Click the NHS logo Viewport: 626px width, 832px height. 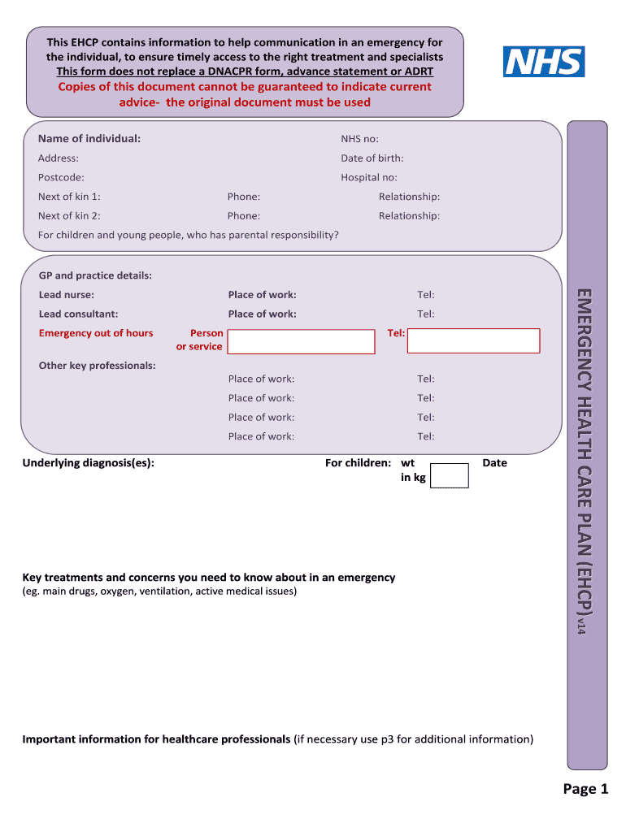point(544,62)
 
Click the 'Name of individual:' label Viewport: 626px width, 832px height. point(89,139)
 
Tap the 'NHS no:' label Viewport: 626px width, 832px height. point(359,139)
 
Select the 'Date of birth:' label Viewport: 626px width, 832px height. point(372,158)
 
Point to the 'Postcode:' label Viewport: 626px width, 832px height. point(61,177)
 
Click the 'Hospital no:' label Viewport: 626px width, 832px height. point(369,177)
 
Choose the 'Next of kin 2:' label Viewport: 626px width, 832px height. point(69,216)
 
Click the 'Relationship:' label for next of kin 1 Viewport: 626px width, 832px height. point(409,197)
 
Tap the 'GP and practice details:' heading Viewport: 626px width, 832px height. point(95,275)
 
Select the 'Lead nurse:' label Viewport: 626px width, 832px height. point(67,295)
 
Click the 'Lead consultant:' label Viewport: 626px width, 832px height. point(79,314)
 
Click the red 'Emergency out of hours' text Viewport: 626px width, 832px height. point(96,333)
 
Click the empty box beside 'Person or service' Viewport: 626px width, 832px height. point(301,341)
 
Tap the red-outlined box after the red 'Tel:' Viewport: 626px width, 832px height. point(473,341)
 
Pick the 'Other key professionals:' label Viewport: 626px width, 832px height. point(98,366)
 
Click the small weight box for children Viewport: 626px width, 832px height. point(450,475)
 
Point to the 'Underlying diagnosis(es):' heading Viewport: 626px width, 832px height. point(89,463)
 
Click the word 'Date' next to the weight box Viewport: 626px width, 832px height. point(494,463)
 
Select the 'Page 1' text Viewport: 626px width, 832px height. point(585,789)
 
